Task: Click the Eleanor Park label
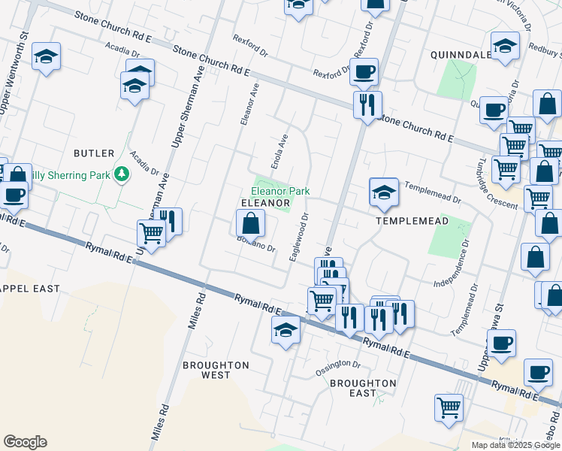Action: tap(280, 192)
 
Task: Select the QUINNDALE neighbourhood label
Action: tap(461, 55)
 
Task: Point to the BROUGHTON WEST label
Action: tap(216, 370)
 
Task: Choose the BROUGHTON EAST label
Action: tap(363, 388)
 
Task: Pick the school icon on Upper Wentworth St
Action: tap(47, 56)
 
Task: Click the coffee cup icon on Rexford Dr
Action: tap(364, 72)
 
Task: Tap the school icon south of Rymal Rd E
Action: tap(286, 330)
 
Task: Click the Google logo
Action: tap(25, 442)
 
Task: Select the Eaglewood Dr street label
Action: tap(299, 238)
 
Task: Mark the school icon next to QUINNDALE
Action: tap(505, 44)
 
